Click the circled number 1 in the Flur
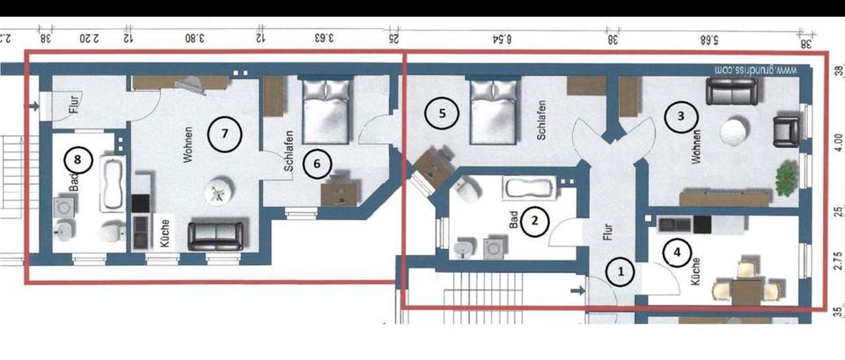(621, 271)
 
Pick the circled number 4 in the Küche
(676, 253)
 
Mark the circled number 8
(77, 160)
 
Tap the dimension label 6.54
(503, 38)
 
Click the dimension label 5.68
(709, 38)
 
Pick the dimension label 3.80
(195, 38)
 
